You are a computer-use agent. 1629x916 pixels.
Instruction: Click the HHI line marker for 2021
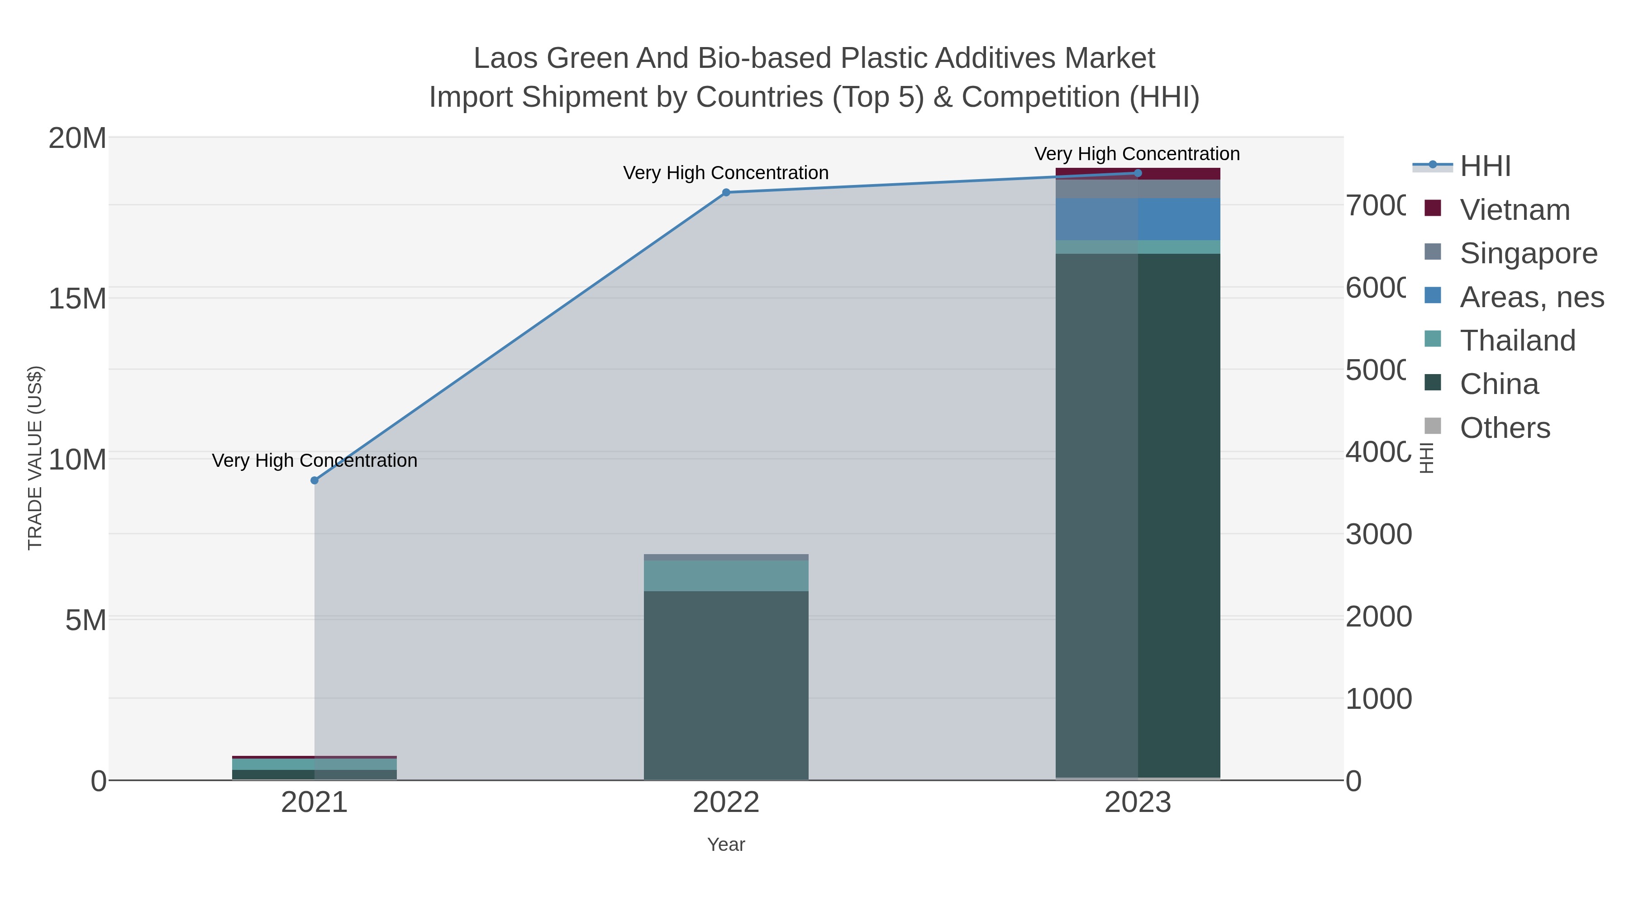pyautogui.click(x=314, y=480)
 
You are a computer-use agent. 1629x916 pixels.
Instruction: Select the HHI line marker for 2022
pyautogui.click(x=726, y=192)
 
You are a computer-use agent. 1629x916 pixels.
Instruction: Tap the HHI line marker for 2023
pyautogui.click(x=1138, y=173)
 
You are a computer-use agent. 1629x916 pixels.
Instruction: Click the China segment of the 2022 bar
pyautogui.click(x=726, y=686)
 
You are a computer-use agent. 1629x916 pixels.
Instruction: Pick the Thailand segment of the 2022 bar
pyautogui.click(x=726, y=576)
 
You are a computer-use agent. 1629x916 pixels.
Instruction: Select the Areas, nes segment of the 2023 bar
pyautogui.click(x=1138, y=219)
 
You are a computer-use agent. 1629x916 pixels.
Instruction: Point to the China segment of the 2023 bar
pyautogui.click(x=1138, y=515)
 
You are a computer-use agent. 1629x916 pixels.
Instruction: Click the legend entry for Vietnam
pyautogui.click(x=1515, y=210)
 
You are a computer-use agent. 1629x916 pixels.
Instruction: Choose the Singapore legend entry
pyautogui.click(x=1528, y=253)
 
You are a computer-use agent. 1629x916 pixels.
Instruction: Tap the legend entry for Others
pyautogui.click(x=1505, y=428)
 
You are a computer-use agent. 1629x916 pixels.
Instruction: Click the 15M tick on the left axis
pyautogui.click(x=77, y=299)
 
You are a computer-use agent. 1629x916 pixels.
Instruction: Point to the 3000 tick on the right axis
pyautogui.click(x=1379, y=535)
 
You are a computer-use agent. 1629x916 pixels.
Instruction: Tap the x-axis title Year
pyautogui.click(x=726, y=845)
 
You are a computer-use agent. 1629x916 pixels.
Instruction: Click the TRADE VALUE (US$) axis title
pyautogui.click(x=35, y=458)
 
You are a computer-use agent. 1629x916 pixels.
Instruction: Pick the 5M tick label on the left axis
pyautogui.click(x=86, y=621)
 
